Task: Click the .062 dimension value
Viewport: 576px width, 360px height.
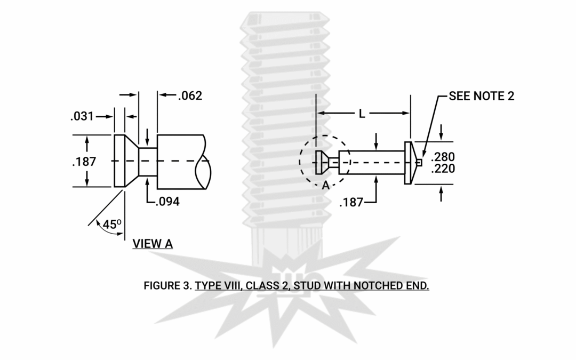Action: (190, 96)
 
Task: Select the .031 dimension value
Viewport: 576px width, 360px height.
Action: (82, 116)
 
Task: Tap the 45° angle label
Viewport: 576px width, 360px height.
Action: (110, 225)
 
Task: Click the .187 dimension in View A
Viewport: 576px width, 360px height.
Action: (84, 162)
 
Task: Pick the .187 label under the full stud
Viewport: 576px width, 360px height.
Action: (351, 202)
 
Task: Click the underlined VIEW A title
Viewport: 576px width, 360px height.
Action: (153, 244)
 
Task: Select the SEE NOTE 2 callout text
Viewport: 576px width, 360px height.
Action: (482, 96)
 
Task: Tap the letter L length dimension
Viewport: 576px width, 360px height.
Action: (362, 114)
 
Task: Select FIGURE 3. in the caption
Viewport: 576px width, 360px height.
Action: (167, 286)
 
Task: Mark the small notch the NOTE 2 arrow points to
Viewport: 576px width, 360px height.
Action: (420, 162)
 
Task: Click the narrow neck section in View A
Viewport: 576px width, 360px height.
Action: (148, 162)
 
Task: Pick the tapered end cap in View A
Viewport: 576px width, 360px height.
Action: (126, 161)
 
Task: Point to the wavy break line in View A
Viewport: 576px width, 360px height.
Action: (205, 162)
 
